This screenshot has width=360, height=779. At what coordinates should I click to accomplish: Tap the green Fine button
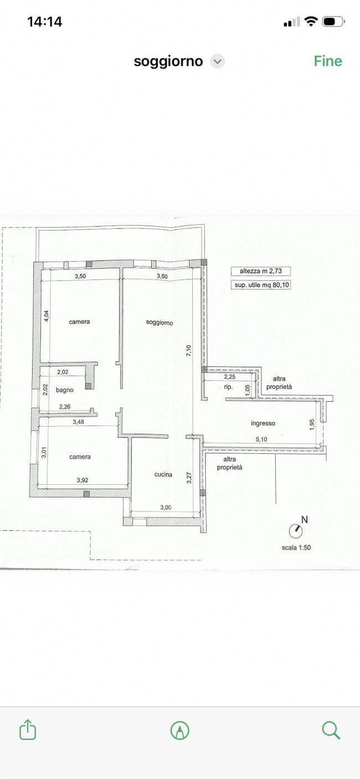[328, 61]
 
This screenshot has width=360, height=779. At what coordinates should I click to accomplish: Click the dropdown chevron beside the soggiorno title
[218, 61]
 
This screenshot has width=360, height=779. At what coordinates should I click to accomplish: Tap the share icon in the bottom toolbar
[28, 729]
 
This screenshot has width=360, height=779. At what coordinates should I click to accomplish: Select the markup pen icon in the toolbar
[179, 730]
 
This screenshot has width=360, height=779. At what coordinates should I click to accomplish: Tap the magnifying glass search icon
[331, 729]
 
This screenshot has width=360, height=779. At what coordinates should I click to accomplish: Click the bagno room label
[65, 390]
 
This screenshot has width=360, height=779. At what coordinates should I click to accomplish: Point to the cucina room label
[163, 474]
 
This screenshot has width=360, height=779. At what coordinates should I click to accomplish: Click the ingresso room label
[263, 423]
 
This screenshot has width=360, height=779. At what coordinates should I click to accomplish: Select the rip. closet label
[228, 387]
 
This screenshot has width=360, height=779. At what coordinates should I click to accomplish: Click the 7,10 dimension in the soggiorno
[189, 351]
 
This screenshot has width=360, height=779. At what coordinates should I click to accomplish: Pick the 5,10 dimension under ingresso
[261, 439]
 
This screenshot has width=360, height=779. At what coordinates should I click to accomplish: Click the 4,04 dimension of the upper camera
[47, 316]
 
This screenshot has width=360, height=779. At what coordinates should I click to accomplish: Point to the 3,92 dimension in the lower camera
[83, 480]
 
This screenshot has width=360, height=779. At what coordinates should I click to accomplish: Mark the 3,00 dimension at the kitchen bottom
[166, 508]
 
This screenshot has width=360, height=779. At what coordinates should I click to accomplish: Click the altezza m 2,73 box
[261, 271]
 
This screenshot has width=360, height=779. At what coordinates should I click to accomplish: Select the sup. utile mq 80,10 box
[261, 285]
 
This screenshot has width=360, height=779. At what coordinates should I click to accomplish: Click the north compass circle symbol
[296, 531]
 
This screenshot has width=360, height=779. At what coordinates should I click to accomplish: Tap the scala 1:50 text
[296, 547]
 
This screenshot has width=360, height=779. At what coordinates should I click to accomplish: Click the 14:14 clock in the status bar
[44, 22]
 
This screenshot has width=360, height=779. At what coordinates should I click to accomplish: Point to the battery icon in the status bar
[333, 22]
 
